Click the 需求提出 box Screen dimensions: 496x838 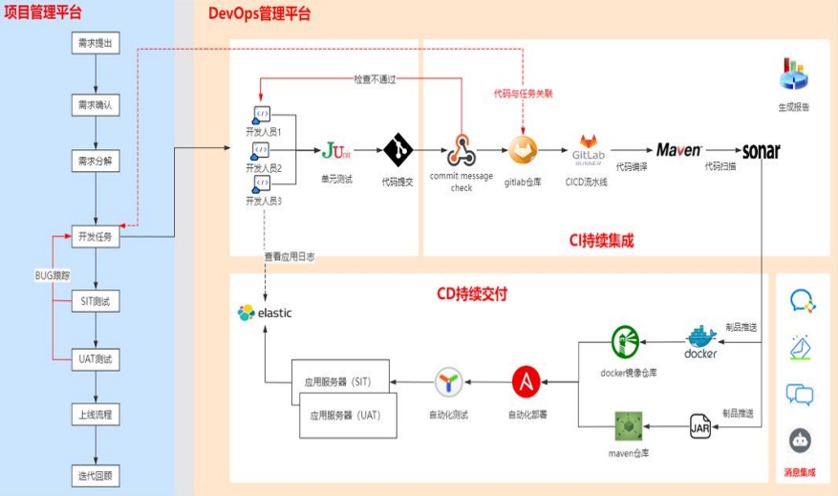click(96, 43)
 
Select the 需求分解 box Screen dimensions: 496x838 click(96, 160)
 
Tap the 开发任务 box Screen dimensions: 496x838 click(96, 236)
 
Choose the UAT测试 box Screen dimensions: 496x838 click(96, 359)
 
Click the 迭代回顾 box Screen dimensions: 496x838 click(96, 475)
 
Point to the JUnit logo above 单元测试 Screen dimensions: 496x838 click(336, 151)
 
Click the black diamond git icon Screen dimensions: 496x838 click(398, 150)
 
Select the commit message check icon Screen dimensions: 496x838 click(462, 151)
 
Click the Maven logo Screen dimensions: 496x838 click(679, 150)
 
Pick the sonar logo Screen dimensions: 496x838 click(762, 151)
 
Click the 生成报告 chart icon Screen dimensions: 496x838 click(793, 73)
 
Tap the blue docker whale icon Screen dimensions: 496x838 click(702, 336)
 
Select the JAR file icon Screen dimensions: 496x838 click(700, 427)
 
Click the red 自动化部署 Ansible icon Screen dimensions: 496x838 click(526, 381)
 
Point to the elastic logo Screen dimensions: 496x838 click(265, 313)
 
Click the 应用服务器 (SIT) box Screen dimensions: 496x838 click(338, 381)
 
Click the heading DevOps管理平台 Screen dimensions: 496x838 click(259, 13)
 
